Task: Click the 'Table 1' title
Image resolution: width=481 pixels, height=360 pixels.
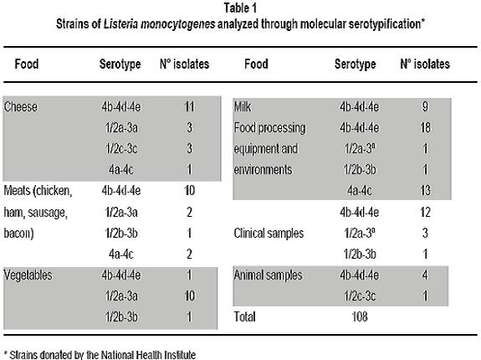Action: coord(240,8)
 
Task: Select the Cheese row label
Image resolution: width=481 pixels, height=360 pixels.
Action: coord(21,107)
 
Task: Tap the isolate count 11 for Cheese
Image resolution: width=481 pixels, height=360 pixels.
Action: coord(189,107)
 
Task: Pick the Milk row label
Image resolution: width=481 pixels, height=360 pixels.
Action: coord(243,107)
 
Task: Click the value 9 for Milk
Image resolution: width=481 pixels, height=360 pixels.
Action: coord(425,107)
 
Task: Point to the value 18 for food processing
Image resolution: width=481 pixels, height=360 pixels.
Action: coord(425,127)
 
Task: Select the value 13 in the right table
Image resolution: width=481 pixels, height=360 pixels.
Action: coord(425,191)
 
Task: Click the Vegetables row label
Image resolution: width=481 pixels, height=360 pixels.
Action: coord(28,275)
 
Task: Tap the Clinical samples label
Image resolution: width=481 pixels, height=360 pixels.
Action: coord(269,234)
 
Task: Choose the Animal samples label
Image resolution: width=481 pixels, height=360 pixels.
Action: coord(269,275)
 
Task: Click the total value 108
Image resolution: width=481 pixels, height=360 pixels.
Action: coord(360,316)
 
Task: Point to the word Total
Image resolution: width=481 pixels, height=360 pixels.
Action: coord(244,316)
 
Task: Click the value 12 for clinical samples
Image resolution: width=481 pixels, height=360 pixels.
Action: coord(425,212)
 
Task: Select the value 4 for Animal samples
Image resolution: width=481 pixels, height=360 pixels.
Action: coord(425,275)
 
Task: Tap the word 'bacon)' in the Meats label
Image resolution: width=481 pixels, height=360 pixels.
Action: coord(18,234)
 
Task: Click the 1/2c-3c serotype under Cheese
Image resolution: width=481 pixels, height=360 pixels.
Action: coord(121,148)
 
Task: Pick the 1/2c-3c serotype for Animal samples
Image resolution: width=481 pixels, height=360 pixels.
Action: coord(360,296)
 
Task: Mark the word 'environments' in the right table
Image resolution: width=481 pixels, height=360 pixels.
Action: coord(263,170)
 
